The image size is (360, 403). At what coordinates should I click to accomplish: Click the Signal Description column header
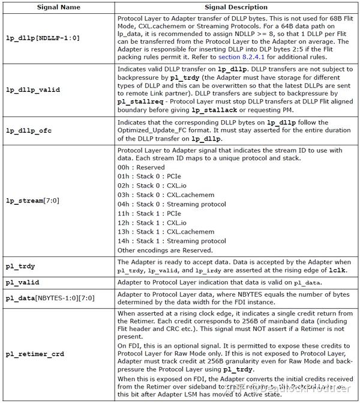236,7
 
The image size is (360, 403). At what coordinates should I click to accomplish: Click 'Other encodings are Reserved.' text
165,250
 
